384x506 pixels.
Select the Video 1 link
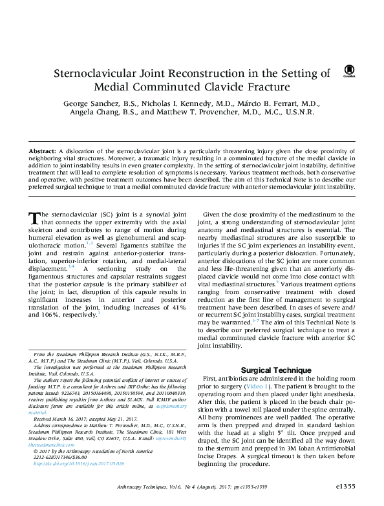coord(258,386)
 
